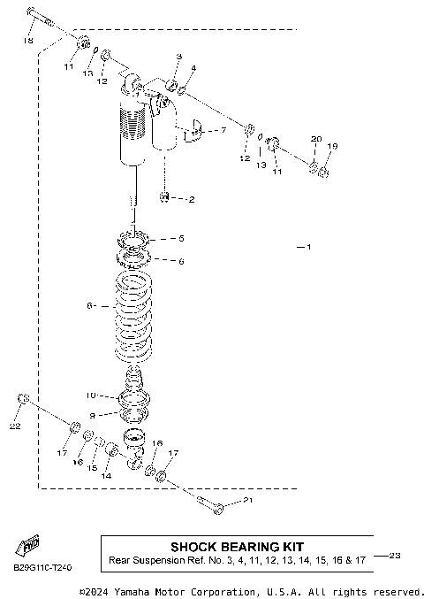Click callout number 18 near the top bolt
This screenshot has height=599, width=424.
29,42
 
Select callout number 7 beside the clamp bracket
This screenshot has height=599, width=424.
222,129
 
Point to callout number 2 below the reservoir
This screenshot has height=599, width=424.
191,199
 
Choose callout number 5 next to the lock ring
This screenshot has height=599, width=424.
181,238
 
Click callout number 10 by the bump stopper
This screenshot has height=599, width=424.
90,395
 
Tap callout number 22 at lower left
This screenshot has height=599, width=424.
15,427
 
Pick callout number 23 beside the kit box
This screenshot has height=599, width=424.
395,556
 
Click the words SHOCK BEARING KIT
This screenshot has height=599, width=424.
237,547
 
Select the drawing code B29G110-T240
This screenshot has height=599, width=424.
42,567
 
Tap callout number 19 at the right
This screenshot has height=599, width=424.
333,147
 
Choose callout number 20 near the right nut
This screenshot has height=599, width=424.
316,140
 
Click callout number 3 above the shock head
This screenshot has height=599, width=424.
178,58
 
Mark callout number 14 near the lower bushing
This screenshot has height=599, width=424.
107,476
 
